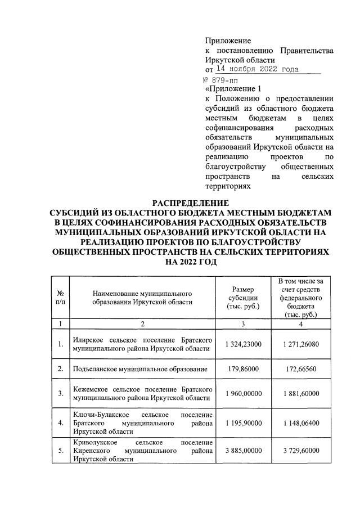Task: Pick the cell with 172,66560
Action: point(300,368)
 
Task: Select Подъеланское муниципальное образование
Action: point(141,369)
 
